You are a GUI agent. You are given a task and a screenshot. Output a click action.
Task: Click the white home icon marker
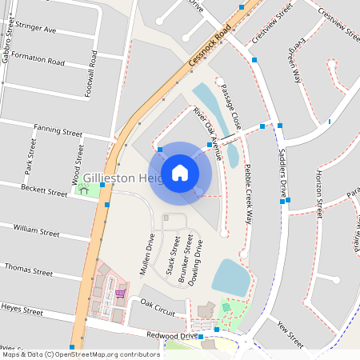point(180,172)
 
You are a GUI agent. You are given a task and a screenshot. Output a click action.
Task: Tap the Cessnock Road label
point(210,46)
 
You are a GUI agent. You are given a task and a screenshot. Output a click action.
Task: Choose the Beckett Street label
point(43,193)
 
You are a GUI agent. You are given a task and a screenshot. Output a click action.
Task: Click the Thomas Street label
point(29,268)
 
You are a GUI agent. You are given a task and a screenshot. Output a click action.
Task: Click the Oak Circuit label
point(158,305)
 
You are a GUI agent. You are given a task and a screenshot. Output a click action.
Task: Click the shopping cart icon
point(120,293)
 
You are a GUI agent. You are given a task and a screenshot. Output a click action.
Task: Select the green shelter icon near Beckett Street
point(83,190)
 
